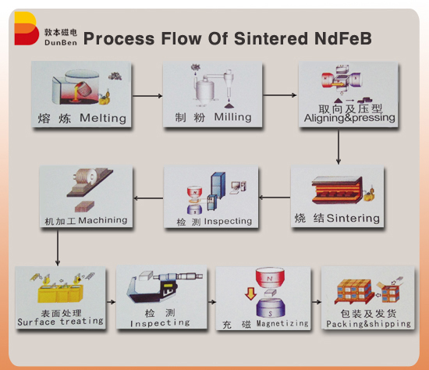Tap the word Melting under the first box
click(x=102, y=119)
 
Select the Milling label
click(x=232, y=117)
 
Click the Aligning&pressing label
click(x=349, y=119)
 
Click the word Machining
click(x=102, y=221)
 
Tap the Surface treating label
click(x=60, y=322)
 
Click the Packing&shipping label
click(x=367, y=323)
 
